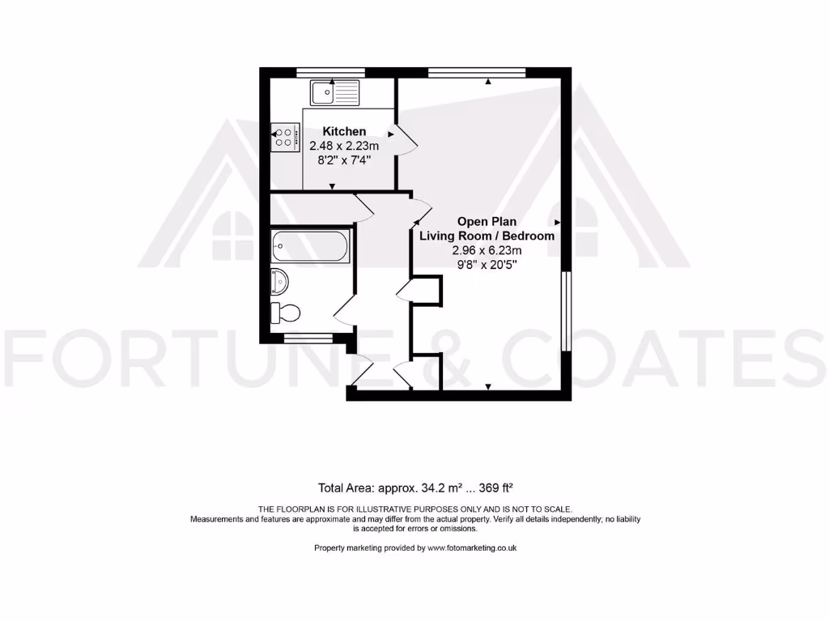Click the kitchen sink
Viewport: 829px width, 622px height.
(x=334, y=92)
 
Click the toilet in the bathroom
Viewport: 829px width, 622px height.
(x=287, y=312)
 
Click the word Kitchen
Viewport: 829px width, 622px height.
(x=344, y=131)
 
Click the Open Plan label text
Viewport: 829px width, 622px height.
(x=487, y=221)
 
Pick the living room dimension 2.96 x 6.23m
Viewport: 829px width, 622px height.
(x=487, y=250)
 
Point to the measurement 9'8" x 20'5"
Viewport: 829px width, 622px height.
(x=487, y=265)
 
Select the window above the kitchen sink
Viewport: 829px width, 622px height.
(x=330, y=72)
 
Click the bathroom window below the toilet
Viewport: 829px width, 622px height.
(x=308, y=338)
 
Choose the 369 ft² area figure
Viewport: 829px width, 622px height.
(x=497, y=488)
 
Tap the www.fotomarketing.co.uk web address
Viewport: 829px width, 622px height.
(x=472, y=548)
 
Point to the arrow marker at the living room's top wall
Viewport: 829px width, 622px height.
(x=488, y=80)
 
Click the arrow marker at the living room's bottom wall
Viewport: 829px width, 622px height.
(x=488, y=386)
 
